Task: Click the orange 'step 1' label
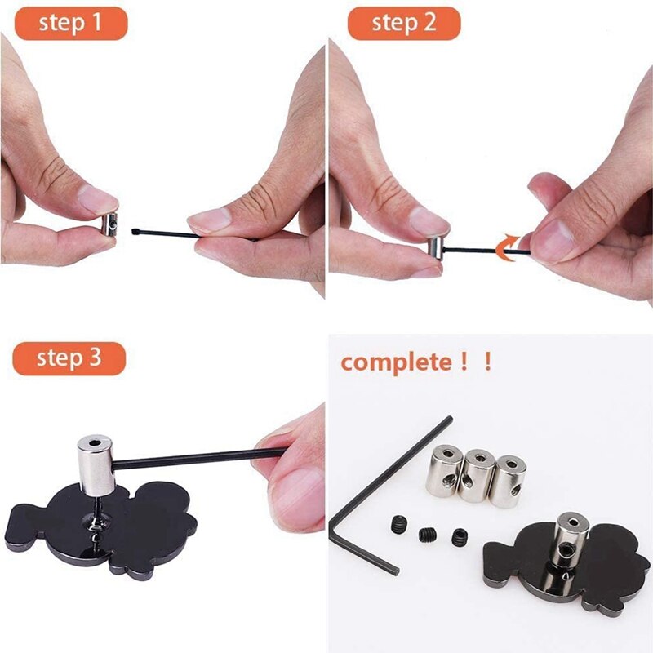71,23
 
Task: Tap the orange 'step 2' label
404,23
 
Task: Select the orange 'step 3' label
69,358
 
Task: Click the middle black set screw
428,535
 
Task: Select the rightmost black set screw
457,537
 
